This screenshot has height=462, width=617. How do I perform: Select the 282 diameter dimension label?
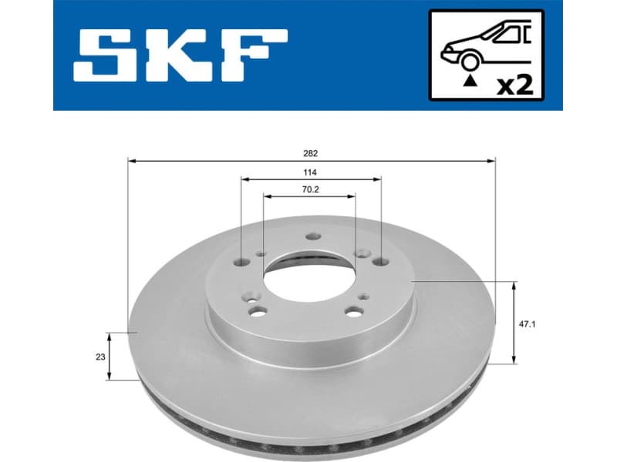(x=312, y=154)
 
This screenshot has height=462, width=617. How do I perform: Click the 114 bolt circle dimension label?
(x=312, y=172)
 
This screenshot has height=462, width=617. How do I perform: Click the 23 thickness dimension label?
(x=99, y=356)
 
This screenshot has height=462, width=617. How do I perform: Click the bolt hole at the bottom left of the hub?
(x=259, y=311)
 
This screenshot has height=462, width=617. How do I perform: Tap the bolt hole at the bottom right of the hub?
(x=354, y=311)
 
